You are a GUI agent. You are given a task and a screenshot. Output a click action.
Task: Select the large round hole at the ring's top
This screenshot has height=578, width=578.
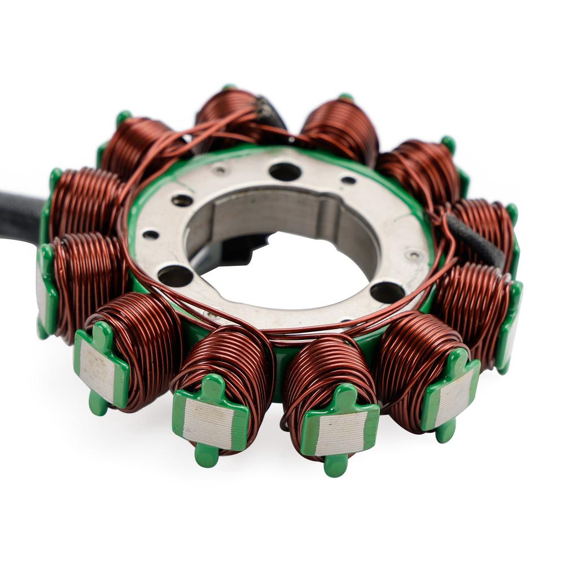click(285, 171)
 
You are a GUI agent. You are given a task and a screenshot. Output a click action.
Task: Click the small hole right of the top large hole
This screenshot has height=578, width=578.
click(348, 181)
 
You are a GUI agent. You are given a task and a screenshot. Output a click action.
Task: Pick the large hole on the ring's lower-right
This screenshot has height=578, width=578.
click(387, 292)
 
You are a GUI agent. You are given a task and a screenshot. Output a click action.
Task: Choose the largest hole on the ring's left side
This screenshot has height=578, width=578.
click(174, 275)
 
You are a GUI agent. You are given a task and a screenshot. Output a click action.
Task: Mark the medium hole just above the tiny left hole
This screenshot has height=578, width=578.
click(182, 200)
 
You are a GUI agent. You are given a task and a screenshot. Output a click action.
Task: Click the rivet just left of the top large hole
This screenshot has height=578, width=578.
click(220, 169)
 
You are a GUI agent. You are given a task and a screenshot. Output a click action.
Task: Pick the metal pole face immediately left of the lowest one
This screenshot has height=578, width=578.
click(208, 423)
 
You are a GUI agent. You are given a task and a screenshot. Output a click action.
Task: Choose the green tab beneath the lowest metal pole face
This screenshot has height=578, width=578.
click(336, 465)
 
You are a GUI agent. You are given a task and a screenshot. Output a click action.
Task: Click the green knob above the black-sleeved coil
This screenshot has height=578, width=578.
click(511, 212)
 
